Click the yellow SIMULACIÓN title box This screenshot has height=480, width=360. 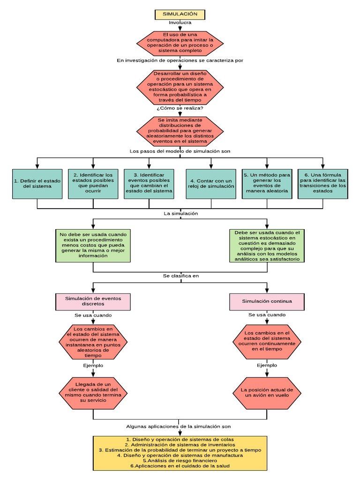[x=180, y=15]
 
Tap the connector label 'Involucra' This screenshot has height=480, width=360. [x=180, y=22]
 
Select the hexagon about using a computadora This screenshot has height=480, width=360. [x=180, y=42]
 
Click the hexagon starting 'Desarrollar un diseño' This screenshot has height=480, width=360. [x=180, y=87]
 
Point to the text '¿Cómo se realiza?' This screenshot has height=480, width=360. [x=180, y=108]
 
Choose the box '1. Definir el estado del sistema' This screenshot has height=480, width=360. [x=37, y=183]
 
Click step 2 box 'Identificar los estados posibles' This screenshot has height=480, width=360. [x=93, y=183]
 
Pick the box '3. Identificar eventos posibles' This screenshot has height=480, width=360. [x=149, y=183]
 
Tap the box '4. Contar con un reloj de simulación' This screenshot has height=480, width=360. [x=211, y=183]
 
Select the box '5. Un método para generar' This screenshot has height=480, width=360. [x=267, y=183]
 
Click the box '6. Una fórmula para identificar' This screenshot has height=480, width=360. [x=323, y=183]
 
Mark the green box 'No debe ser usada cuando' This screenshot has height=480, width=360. [x=93, y=245]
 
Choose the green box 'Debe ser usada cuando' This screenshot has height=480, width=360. [x=267, y=245]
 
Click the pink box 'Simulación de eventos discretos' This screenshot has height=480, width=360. [x=93, y=301]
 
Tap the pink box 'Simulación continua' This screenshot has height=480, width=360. [x=267, y=301]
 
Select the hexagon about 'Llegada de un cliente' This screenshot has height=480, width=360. [x=93, y=392]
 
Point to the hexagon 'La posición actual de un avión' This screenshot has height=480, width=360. [x=267, y=392]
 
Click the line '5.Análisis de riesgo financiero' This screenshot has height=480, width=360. [x=180, y=460]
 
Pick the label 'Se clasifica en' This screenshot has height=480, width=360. [x=180, y=276]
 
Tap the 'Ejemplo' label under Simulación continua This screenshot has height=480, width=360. [x=267, y=365]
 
